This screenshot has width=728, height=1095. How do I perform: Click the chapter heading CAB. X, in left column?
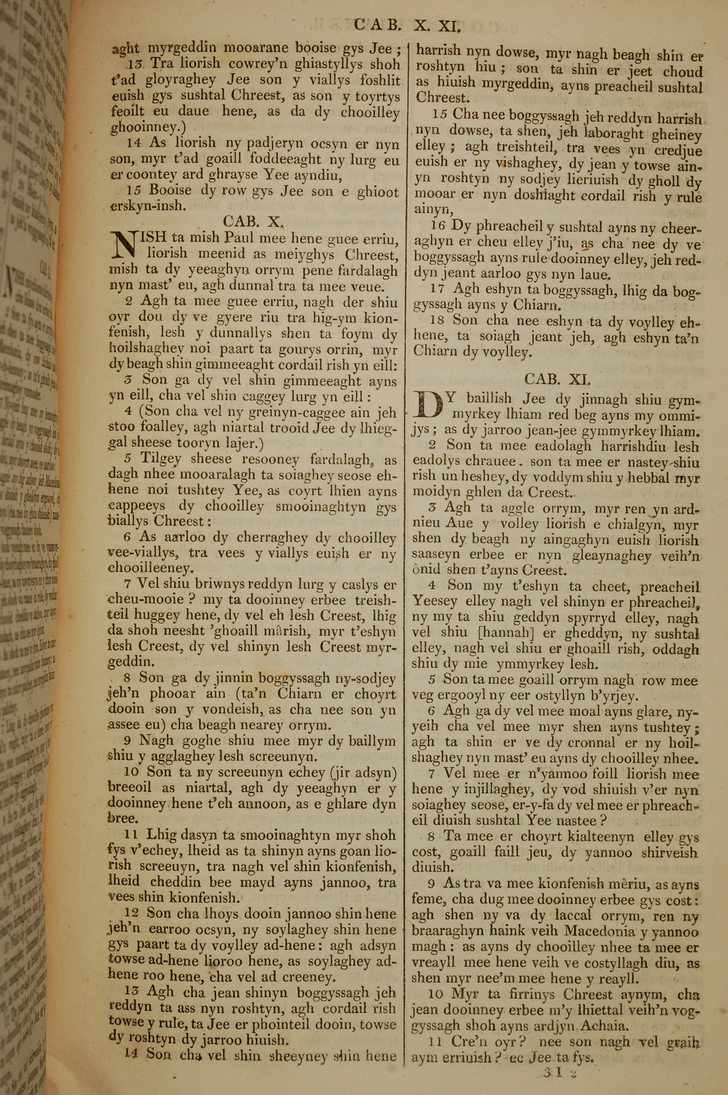point(253,222)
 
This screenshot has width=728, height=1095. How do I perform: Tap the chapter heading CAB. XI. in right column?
point(558,380)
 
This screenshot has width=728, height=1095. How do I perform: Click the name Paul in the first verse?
point(240,238)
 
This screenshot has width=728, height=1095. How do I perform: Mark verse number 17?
point(438,289)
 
